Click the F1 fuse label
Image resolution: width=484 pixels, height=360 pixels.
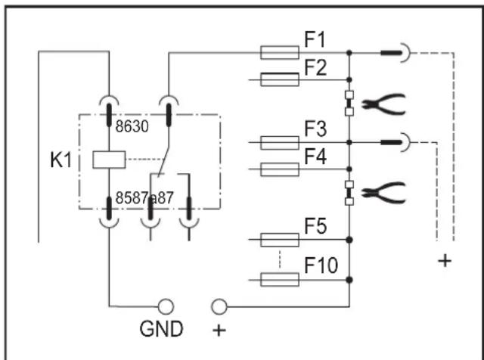[315, 40]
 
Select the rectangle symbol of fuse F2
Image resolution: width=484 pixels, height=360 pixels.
[280, 79]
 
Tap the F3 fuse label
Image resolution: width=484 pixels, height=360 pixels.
[315, 129]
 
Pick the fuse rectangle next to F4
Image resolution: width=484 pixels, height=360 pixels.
[280, 169]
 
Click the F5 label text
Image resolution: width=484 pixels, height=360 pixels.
[315, 226]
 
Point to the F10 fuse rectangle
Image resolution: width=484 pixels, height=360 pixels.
[280, 280]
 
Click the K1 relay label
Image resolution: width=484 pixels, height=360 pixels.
[60, 160]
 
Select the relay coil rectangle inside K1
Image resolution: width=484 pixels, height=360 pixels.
[109, 160]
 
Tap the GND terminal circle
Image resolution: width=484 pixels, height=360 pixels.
[166, 306]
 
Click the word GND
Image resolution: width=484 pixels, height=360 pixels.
[161, 329]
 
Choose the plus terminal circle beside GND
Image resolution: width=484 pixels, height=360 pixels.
[219, 306]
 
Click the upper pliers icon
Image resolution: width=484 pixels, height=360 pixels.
[383, 104]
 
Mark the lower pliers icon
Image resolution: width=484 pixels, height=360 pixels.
[383, 193]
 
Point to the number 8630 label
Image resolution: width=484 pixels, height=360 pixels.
[132, 126]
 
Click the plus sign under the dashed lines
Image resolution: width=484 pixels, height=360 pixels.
[445, 261]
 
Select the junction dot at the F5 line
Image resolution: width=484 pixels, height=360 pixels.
[349, 240]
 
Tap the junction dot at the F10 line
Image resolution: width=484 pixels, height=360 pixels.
[349, 280]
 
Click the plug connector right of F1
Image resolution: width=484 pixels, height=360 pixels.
[396, 53]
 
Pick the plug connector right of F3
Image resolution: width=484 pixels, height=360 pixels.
[396, 142]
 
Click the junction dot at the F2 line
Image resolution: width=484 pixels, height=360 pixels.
[349, 79]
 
